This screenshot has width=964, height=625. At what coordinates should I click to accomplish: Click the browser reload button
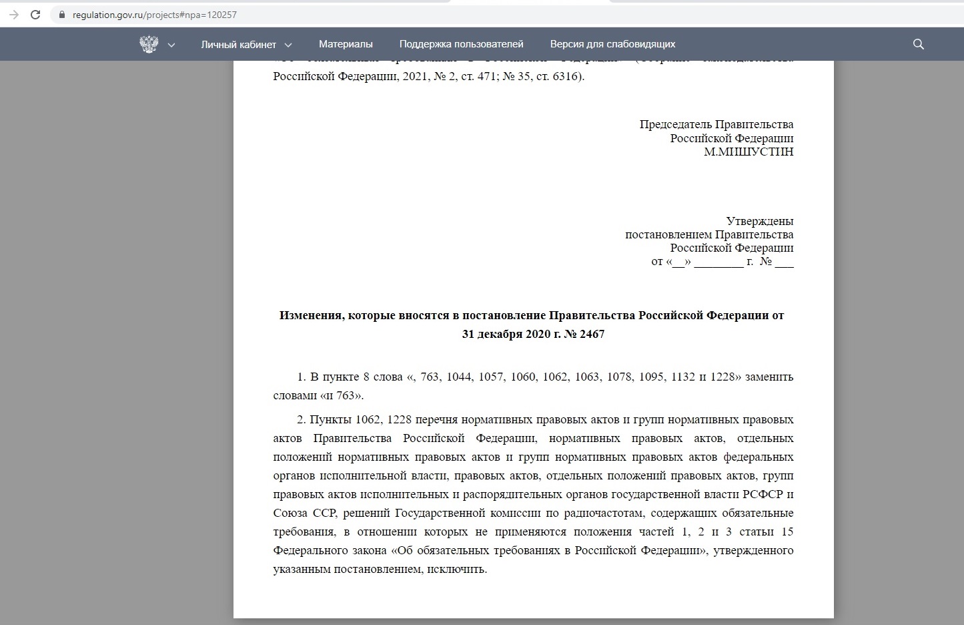(35, 14)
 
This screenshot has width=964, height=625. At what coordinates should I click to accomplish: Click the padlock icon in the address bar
(62, 15)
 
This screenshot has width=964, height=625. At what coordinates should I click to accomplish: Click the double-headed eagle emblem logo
(149, 44)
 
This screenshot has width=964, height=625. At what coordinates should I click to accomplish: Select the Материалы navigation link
(346, 44)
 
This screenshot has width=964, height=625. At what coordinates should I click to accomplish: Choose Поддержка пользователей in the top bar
(461, 44)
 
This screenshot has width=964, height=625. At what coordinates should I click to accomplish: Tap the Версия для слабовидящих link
(612, 44)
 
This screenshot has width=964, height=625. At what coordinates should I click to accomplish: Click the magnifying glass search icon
(918, 44)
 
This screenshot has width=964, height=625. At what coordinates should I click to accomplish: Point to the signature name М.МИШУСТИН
(749, 152)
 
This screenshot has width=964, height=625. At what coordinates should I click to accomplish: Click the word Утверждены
(759, 221)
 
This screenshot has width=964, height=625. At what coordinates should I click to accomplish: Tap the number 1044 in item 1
(459, 377)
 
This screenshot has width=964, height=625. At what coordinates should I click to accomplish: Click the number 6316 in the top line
(566, 76)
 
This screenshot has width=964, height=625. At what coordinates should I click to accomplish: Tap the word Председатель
(675, 124)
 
